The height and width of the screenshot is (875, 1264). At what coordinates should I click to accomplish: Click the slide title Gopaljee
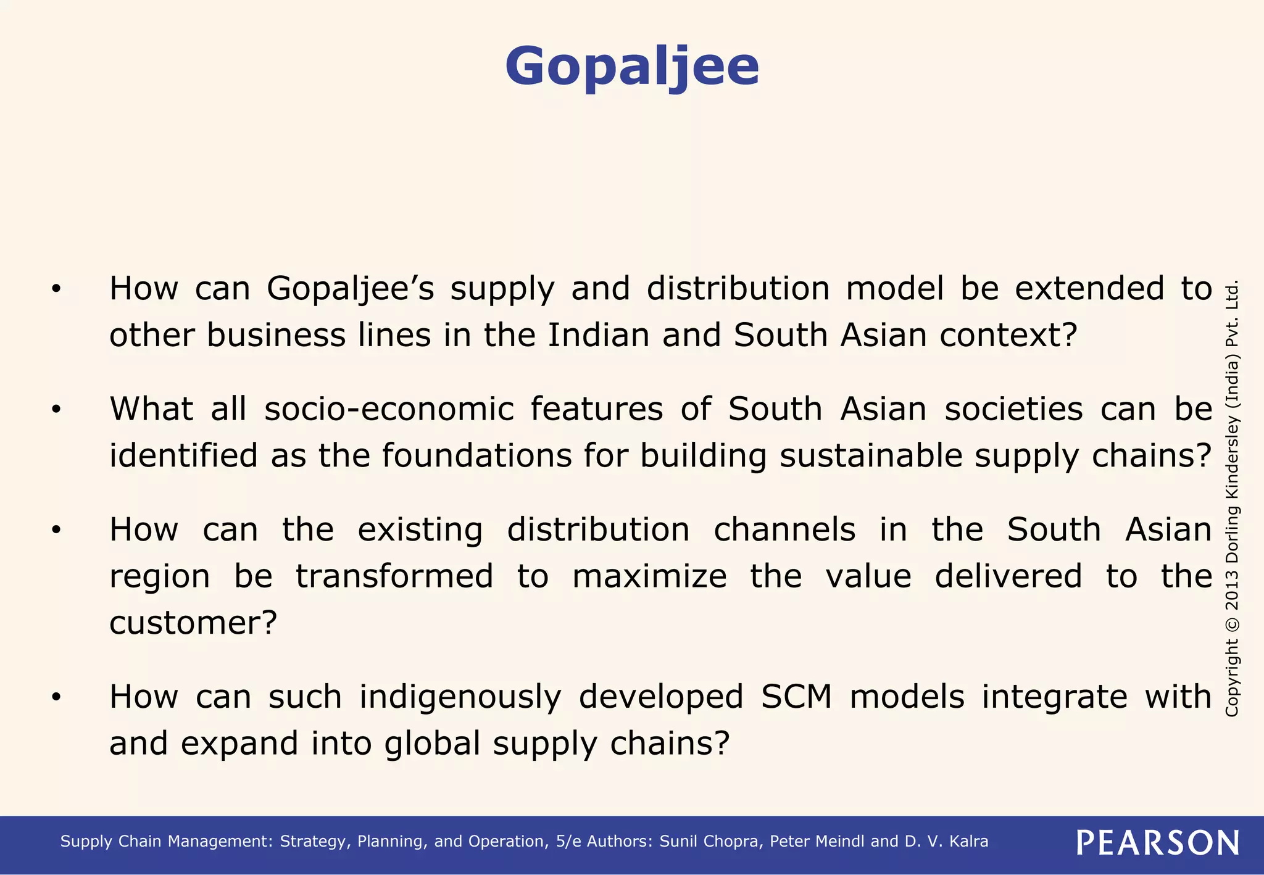tap(632, 67)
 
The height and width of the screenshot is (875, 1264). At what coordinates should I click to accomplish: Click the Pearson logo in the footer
tap(1157, 842)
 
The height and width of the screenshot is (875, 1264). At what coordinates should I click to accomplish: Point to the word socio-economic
tap(389, 409)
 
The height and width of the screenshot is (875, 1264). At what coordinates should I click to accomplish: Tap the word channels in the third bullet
tap(784, 530)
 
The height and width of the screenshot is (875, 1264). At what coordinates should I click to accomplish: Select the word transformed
tap(394, 576)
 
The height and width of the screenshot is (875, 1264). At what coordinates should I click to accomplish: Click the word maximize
tap(649, 576)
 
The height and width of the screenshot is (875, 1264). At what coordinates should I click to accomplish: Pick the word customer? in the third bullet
tap(193, 623)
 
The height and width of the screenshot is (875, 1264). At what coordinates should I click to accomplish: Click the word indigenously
tap(460, 697)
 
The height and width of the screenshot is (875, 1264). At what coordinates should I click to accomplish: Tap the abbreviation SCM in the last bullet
tap(796, 697)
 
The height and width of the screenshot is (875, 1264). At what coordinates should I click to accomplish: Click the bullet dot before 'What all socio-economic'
tap(56, 410)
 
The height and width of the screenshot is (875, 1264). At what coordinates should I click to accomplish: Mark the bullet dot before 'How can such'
tap(56, 698)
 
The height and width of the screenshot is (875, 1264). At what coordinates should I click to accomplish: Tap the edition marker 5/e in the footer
tap(568, 842)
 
